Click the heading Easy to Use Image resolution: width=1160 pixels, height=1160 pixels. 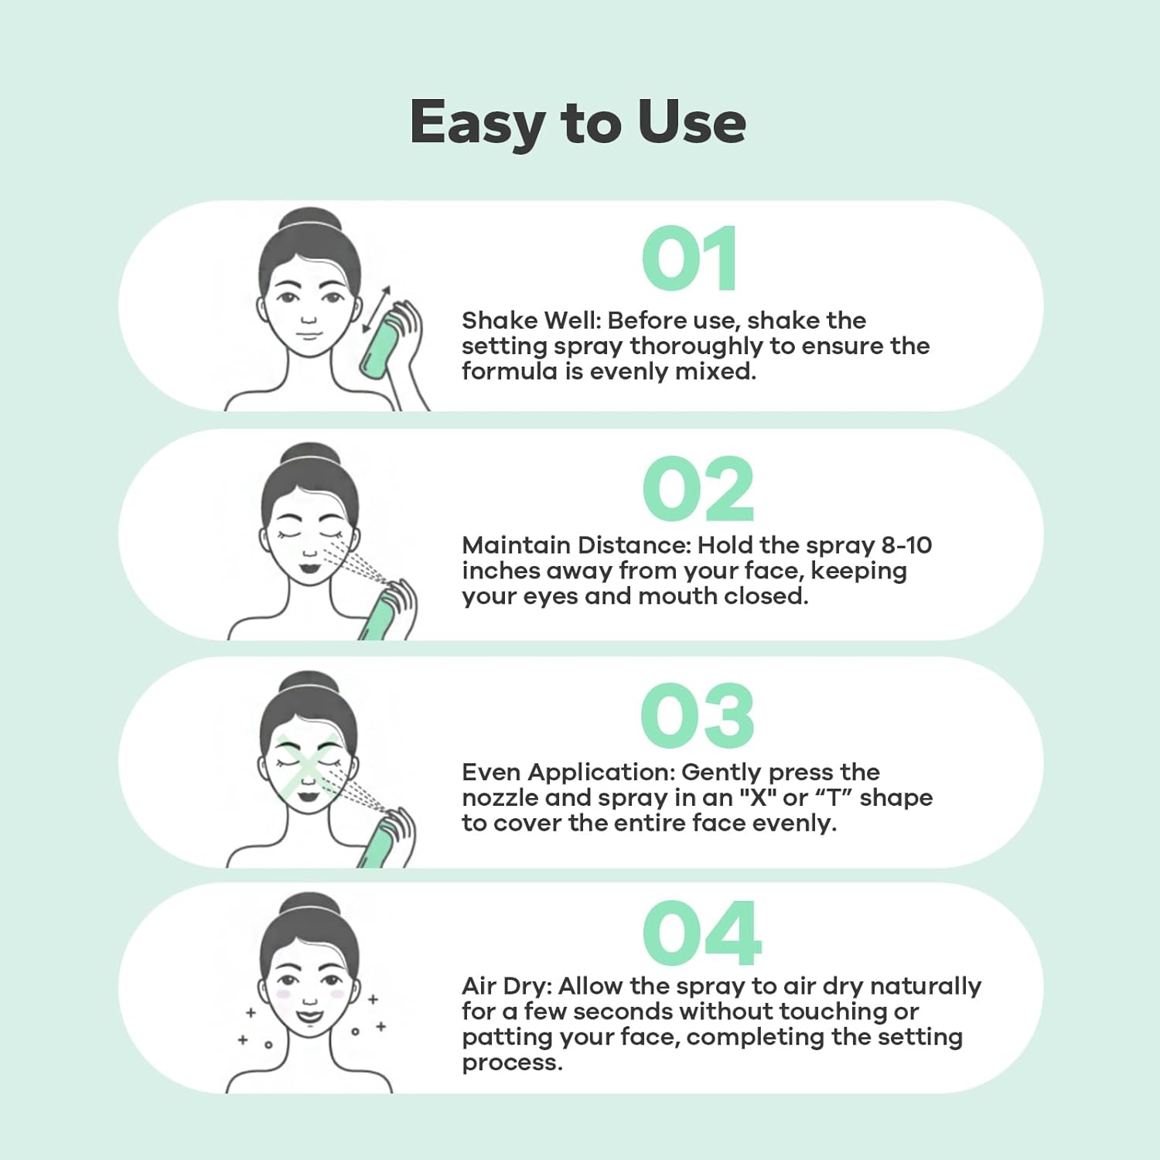578,122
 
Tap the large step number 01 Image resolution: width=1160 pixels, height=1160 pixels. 689,259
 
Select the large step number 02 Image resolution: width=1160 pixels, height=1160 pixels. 698,489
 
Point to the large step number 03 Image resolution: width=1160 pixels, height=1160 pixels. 698,716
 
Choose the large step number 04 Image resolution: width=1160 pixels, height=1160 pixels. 701,933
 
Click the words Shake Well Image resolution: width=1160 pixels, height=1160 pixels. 530,320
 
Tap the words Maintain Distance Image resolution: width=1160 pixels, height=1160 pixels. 575,545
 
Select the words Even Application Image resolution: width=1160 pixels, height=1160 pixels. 569,773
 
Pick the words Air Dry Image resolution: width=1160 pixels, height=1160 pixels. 506,987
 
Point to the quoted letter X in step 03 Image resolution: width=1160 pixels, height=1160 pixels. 758,797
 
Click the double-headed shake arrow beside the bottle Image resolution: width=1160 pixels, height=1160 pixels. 377,310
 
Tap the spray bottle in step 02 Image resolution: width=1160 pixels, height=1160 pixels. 380,615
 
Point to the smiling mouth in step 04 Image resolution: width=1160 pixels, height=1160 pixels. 309,1015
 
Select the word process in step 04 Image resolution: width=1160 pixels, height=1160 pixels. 511,1064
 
